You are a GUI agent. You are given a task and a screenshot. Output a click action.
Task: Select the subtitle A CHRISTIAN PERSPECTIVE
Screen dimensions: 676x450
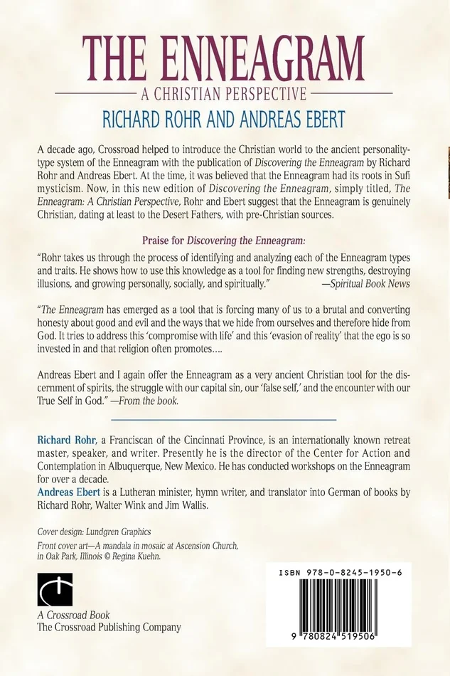pyautogui.click(x=224, y=93)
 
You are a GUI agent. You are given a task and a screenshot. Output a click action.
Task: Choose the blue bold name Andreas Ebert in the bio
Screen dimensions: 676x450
pyautogui.click(x=66, y=494)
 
